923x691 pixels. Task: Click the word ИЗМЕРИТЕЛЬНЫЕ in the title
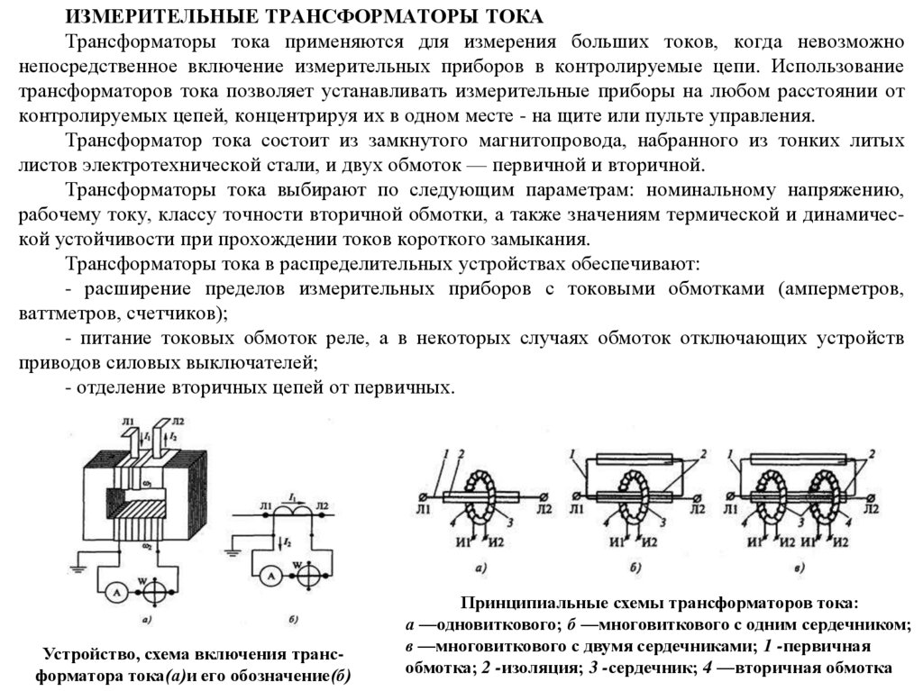click(x=148, y=17)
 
